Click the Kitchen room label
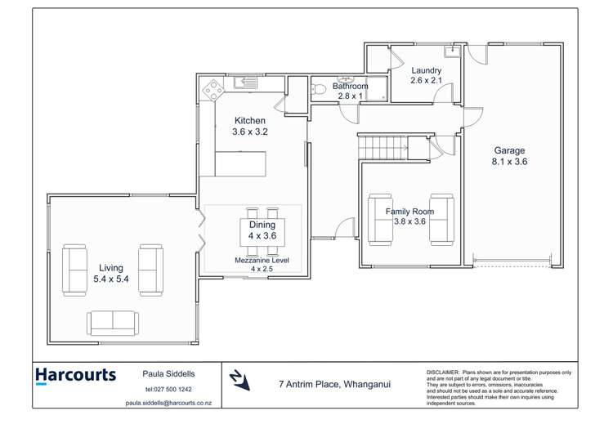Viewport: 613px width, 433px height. pos(249,120)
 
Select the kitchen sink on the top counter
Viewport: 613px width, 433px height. pos(245,83)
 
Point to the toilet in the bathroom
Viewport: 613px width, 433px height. pos(320,89)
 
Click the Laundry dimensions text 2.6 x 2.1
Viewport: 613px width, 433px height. pos(426,81)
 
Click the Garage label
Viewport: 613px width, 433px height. pos(509,150)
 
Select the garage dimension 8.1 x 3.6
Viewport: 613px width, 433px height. pos(509,162)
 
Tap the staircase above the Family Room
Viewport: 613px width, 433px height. pos(383,147)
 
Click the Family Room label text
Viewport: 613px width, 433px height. pos(409,212)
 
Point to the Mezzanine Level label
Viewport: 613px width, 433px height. pos(262,260)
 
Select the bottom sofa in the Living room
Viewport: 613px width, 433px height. pos(113,323)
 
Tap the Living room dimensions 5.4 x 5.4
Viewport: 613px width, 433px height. pos(111,279)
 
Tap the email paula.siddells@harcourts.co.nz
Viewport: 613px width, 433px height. pos(168,403)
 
